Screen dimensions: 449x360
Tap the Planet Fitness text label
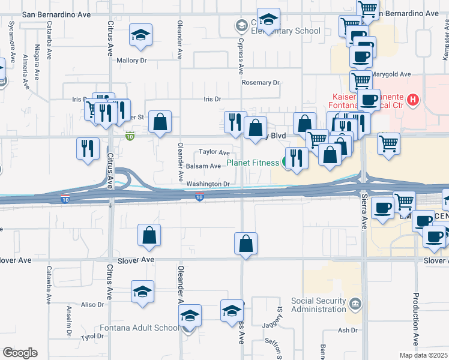pos(252,163)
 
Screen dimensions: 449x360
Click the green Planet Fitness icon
pos(285,162)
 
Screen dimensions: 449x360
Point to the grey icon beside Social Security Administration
pos(356,305)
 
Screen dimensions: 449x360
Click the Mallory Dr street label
pos(131,61)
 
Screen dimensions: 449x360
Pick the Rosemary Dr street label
pos(261,83)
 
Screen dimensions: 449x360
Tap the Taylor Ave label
pos(215,152)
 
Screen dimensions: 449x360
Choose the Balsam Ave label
pos(203,166)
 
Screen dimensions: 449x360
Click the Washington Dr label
pos(208,184)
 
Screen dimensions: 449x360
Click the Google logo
pos(20,353)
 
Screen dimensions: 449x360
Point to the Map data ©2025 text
pos(424,355)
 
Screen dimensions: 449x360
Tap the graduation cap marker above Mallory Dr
pos(140,36)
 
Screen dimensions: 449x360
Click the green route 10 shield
pos(130,137)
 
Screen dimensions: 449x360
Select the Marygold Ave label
pos(390,74)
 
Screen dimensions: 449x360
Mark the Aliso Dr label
pos(92,305)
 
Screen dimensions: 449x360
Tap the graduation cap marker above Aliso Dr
pos(142,292)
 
